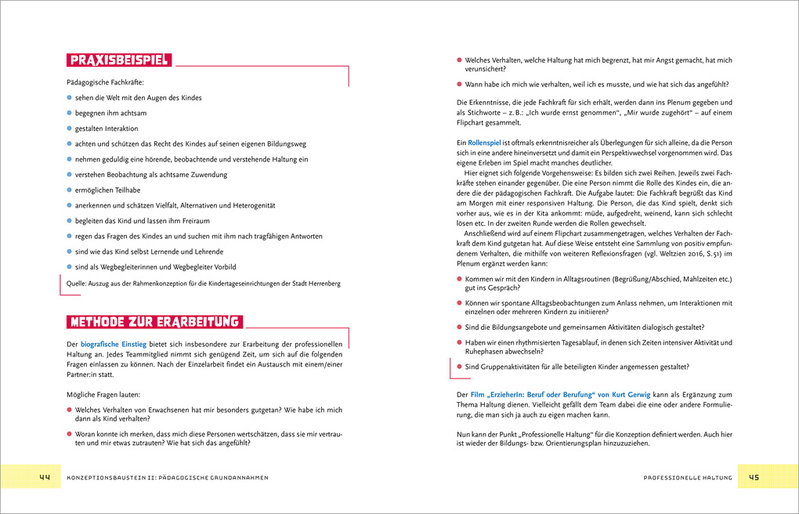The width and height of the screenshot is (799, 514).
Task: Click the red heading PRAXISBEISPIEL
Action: click(x=118, y=60)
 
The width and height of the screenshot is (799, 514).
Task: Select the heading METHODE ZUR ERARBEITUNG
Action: click(x=154, y=322)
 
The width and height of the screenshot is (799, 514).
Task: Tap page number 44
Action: click(x=44, y=477)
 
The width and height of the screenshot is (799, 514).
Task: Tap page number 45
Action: click(x=754, y=477)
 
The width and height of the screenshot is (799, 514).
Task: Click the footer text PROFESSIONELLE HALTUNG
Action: click(x=687, y=478)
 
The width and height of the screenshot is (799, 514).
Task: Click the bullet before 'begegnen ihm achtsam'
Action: click(x=69, y=113)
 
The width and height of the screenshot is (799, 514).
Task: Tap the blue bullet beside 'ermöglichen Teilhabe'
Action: click(x=69, y=190)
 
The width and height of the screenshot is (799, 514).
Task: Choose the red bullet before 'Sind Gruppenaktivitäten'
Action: click(x=459, y=366)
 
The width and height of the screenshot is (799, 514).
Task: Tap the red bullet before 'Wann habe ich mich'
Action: click(x=459, y=84)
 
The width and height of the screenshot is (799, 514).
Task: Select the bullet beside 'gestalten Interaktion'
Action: click(x=69, y=128)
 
